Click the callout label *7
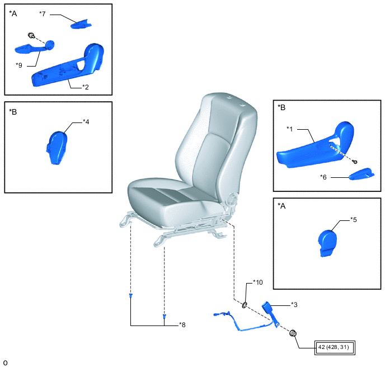(43, 14)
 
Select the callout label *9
(19, 65)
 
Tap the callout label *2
(86, 87)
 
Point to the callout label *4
(86, 122)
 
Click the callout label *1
(290, 129)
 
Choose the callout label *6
(323, 177)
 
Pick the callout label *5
(354, 220)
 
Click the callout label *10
(258, 282)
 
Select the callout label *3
(294, 305)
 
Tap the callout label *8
(182, 325)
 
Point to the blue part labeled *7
(81, 24)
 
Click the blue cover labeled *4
(57, 148)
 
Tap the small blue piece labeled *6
(361, 174)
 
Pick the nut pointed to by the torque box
(293, 333)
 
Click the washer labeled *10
(245, 305)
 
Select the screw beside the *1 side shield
(355, 162)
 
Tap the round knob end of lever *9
(50, 45)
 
